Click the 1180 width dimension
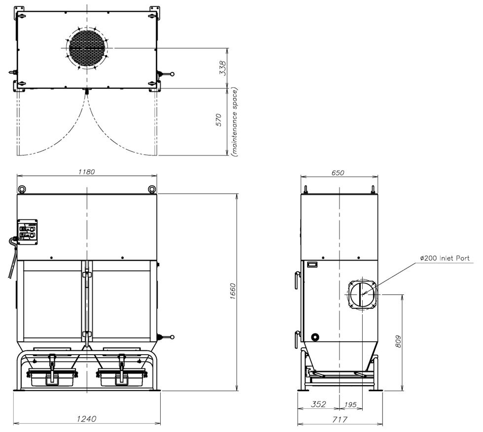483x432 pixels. [87, 171]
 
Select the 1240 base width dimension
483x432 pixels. [87, 419]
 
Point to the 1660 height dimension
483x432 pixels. [233, 291]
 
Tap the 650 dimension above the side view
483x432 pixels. [338, 173]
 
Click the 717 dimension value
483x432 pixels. [340, 419]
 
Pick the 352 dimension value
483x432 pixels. [318, 404]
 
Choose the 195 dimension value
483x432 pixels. [350, 404]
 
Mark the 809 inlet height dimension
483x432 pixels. [398, 341]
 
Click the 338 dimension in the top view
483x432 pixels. [222, 68]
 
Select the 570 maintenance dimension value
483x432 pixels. [218, 120]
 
